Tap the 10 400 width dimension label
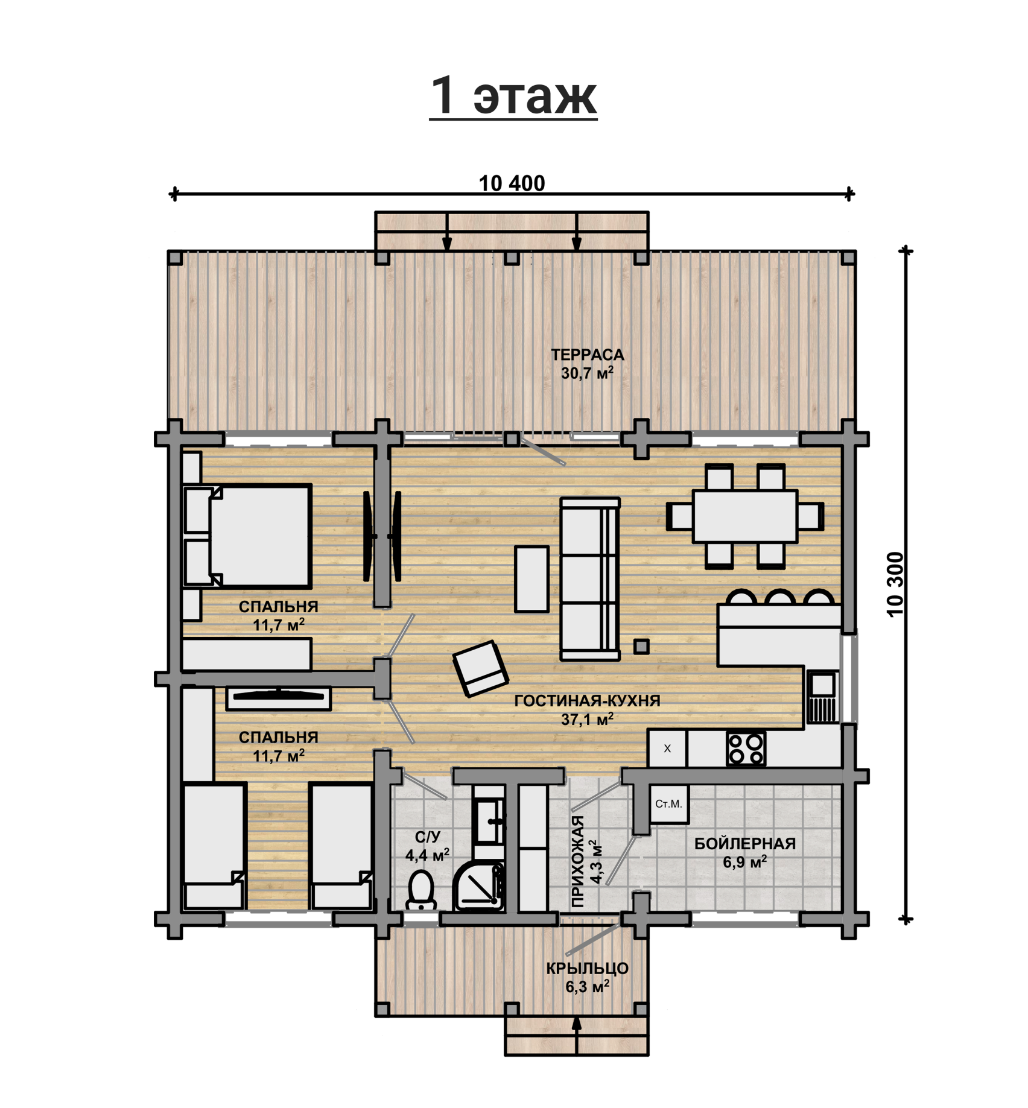pyautogui.click(x=512, y=183)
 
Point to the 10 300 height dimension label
pyautogui.click(x=896, y=584)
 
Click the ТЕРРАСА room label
pyautogui.click(x=587, y=355)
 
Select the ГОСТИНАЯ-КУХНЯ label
pyautogui.click(x=587, y=701)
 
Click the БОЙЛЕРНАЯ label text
pyautogui.click(x=745, y=844)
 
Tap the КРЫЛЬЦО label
pyautogui.click(x=587, y=969)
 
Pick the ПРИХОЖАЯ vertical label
pyautogui.click(x=579, y=861)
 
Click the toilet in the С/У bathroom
pyautogui.click(x=421, y=889)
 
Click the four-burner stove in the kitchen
pyautogui.click(x=746, y=749)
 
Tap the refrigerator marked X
pyautogui.click(x=667, y=749)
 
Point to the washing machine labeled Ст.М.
pyautogui.click(x=669, y=804)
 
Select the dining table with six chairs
pyautogui.click(x=745, y=517)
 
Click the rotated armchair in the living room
pyautogui.click(x=480, y=669)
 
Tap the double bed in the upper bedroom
pyautogui.click(x=247, y=536)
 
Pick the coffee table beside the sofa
pyautogui.click(x=531, y=579)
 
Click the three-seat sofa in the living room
pyautogui.click(x=590, y=579)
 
